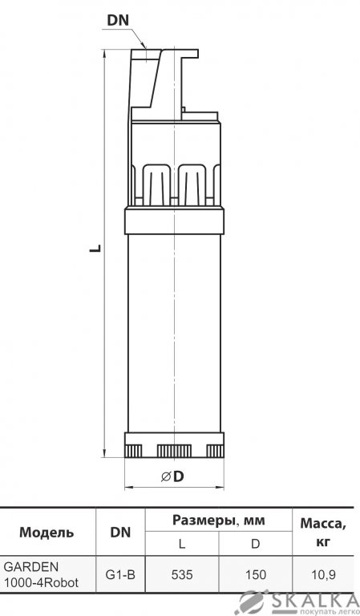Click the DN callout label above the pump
point(118,21)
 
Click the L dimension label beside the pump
point(95,249)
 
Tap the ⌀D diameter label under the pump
point(172,476)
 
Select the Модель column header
point(47,533)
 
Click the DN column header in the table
point(120,533)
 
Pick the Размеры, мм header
point(219,521)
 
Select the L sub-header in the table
point(182,544)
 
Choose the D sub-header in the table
point(255,544)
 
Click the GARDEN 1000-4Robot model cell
point(41,575)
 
